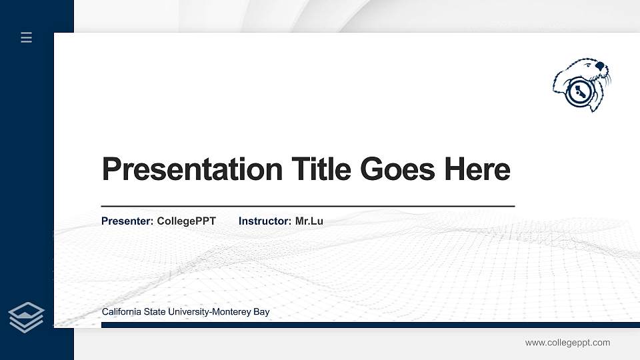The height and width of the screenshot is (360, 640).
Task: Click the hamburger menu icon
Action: pos(27,37)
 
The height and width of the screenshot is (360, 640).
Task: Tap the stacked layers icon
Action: pos(27,317)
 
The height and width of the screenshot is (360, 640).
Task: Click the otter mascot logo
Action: pos(582,84)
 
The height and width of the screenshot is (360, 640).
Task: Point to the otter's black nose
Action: pos(601,67)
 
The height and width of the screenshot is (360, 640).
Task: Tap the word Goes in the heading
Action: pos(397,169)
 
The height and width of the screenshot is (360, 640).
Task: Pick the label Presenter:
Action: pos(127,221)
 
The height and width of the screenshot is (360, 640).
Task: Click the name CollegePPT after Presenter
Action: pos(186,221)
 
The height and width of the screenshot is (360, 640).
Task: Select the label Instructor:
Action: pos(265,221)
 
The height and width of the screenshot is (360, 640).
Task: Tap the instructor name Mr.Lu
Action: pos(309,221)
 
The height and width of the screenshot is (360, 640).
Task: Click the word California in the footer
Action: pos(122,312)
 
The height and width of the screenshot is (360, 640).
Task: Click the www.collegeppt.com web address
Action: pos(567,343)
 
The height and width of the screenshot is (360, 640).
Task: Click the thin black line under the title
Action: pos(307,207)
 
